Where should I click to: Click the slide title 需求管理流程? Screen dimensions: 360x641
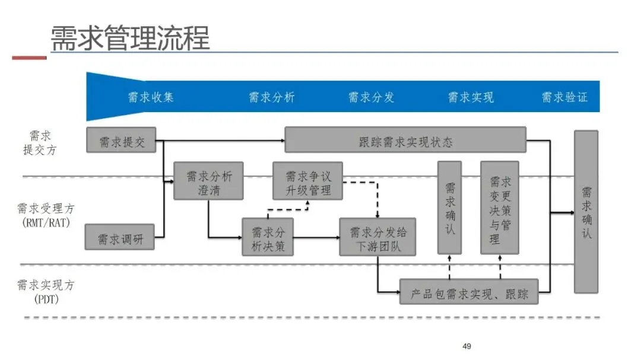129,38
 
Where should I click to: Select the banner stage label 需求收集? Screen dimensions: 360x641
151,97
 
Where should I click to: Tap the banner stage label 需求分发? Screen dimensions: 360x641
371,97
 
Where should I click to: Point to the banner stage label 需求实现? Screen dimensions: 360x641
471,97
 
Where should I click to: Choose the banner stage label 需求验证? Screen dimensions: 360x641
564,97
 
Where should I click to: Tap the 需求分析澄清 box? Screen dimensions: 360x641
208,180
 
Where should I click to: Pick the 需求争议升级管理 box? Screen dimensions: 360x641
307,180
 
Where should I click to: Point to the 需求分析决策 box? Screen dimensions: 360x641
268,237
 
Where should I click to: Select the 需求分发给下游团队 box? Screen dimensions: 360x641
377,237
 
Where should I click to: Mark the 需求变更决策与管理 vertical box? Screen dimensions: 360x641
499,208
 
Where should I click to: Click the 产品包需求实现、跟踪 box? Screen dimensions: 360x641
469,292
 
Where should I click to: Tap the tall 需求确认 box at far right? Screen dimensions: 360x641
586,212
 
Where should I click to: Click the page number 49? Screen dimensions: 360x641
467,346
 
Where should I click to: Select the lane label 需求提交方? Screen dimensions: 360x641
40,143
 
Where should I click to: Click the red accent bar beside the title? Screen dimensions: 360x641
29,58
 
